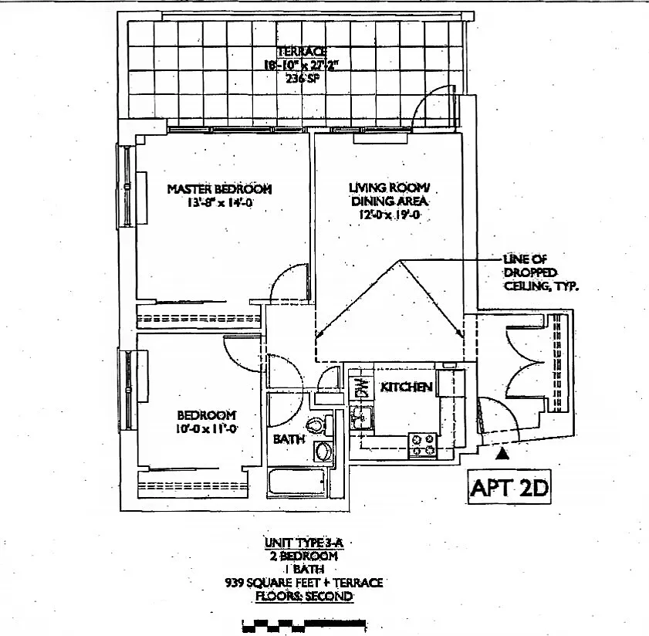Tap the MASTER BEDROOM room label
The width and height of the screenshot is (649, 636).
pos(219,189)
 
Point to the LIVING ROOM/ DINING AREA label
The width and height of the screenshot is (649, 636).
pos(387,194)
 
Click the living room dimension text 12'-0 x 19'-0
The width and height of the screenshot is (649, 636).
pos(387,215)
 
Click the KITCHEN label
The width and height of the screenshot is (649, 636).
pos(406,387)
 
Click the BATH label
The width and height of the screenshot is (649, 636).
pos(289,439)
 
